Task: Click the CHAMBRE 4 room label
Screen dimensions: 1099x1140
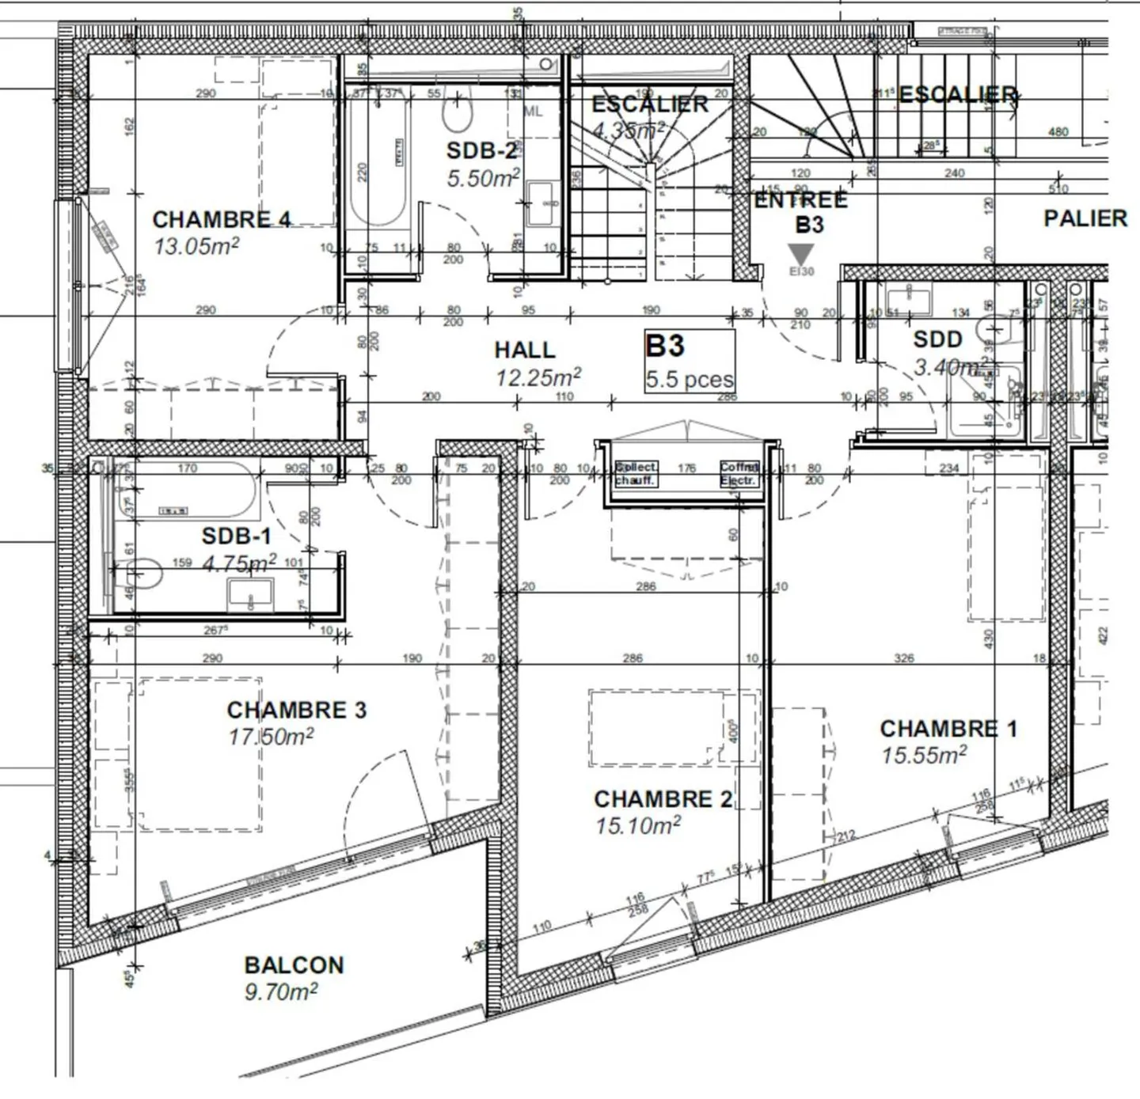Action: tap(221, 219)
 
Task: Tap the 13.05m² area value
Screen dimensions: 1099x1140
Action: tap(196, 246)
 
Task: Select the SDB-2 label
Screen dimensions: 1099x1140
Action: tap(481, 150)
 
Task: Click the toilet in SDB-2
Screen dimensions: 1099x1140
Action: tap(457, 113)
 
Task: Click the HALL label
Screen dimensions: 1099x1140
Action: tap(524, 350)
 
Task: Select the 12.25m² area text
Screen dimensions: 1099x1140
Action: tap(538, 377)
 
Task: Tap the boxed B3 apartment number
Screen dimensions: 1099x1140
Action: tap(665, 347)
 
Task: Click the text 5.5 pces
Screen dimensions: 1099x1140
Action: tap(689, 379)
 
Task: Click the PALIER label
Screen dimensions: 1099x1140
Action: tap(1085, 218)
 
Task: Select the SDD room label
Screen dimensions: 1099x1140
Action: tap(937, 339)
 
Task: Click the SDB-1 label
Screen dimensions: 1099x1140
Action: tap(236, 536)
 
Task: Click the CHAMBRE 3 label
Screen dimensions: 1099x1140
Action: tap(297, 710)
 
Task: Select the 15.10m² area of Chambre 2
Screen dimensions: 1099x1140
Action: tap(638, 826)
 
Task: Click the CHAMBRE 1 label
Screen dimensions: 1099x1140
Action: tap(948, 728)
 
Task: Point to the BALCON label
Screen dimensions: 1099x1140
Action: tap(294, 965)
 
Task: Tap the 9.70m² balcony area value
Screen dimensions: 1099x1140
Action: tap(281, 991)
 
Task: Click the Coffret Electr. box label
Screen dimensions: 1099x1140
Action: tap(739, 474)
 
